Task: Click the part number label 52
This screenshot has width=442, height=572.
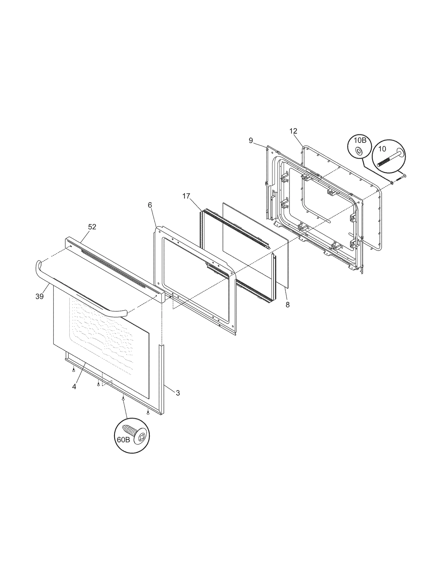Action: tap(92, 227)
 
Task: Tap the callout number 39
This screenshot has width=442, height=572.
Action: tap(40, 296)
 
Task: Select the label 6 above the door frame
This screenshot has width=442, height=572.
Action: tap(150, 205)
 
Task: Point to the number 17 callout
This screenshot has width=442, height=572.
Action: tap(186, 196)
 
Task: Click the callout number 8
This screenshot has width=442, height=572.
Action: tap(288, 305)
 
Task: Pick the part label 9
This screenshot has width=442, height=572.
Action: tap(251, 141)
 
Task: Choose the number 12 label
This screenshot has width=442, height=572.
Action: tap(293, 131)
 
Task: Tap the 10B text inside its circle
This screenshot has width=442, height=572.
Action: tap(360, 141)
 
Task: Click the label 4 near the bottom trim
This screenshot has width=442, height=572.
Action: tap(74, 387)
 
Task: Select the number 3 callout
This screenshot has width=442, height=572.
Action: tap(178, 393)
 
